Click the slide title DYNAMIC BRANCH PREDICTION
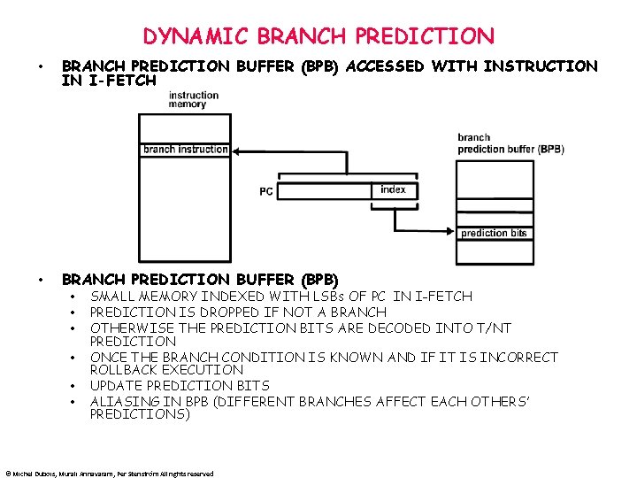coord(318,36)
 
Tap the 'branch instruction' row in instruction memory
coord(186,149)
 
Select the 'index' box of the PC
coord(393,190)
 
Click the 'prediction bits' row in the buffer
coord(494,233)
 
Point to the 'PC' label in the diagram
coord(266,191)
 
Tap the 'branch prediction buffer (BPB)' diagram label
coord(510,143)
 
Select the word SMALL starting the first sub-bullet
coord(111,296)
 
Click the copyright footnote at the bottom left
coord(109,474)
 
